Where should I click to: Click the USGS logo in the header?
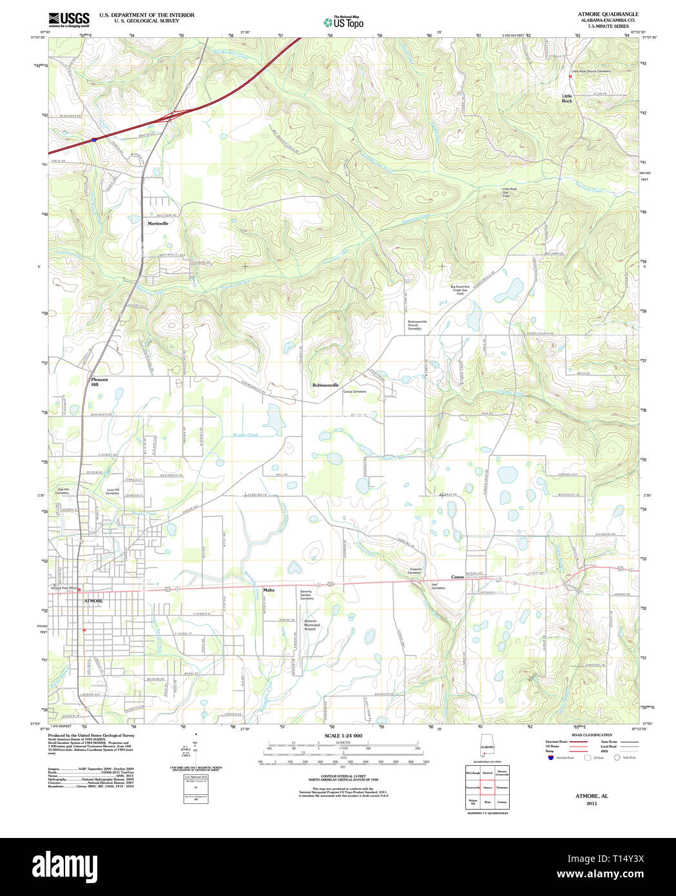tap(69, 18)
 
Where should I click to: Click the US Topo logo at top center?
tap(343, 21)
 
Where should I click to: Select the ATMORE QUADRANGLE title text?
tap(599, 14)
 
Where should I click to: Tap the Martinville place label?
tap(157, 223)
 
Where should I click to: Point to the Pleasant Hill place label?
tap(99, 382)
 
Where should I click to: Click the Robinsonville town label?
tap(325, 385)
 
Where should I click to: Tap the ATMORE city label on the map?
tap(93, 601)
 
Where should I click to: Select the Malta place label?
tap(268, 590)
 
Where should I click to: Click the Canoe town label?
tap(458, 577)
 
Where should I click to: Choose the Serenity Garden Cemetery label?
tap(307, 594)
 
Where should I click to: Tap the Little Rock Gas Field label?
tap(510, 191)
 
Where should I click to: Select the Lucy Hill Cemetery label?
tap(113, 491)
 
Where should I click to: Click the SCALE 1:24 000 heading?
tap(343, 735)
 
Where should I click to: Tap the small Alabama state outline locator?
tap(487, 749)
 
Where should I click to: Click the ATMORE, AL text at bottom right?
tap(591, 796)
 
